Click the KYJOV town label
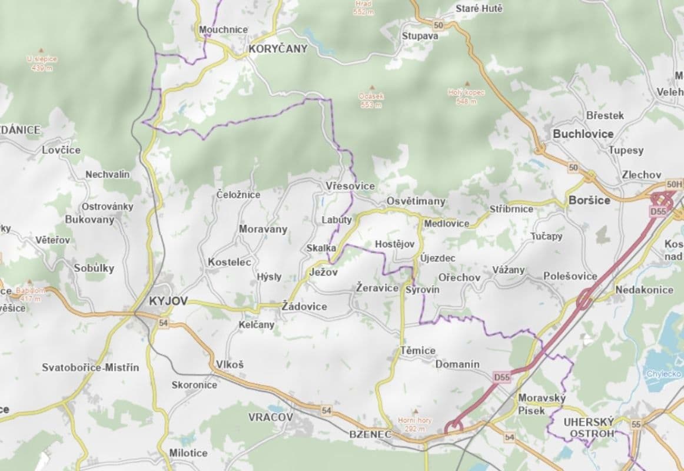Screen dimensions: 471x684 click(x=168, y=301)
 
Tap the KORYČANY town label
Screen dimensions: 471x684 click(x=278, y=49)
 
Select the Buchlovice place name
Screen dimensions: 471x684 click(x=583, y=134)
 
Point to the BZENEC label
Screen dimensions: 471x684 click(x=370, y=434)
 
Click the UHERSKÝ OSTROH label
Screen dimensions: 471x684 click(x=589, y=427)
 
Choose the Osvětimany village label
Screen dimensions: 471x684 click(x=416, y=201)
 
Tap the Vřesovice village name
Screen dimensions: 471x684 click(x=350, y=186)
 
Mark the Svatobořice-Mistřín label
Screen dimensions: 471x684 click(x=91, y=367)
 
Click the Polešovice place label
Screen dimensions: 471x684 click(x=570, y=276)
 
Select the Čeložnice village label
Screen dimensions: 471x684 click(x=238, y=194)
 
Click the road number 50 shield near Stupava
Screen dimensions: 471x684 click(x=438, y=25)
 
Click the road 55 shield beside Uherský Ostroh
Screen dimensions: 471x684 click(x=635, y=424)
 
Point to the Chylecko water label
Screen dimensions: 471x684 click(x=664, y=374)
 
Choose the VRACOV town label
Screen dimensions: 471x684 click(x=270, y=417)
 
